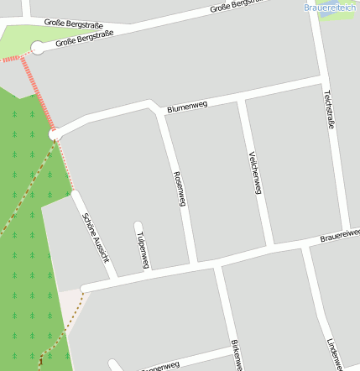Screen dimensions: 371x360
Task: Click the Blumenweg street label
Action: (187, 107)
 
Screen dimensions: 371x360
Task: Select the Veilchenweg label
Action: (256, 172)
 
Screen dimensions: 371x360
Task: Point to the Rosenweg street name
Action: (179, 189)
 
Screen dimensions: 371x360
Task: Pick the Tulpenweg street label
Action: (142, 249)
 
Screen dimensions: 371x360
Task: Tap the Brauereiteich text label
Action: (330, 7)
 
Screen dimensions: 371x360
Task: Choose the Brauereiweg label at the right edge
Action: (339, 238)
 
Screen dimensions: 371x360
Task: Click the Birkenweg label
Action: (236, 356)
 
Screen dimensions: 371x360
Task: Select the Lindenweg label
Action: (334, 353)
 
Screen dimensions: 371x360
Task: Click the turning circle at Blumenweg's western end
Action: (55, 133)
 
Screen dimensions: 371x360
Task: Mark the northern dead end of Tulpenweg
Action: (138, 225)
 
